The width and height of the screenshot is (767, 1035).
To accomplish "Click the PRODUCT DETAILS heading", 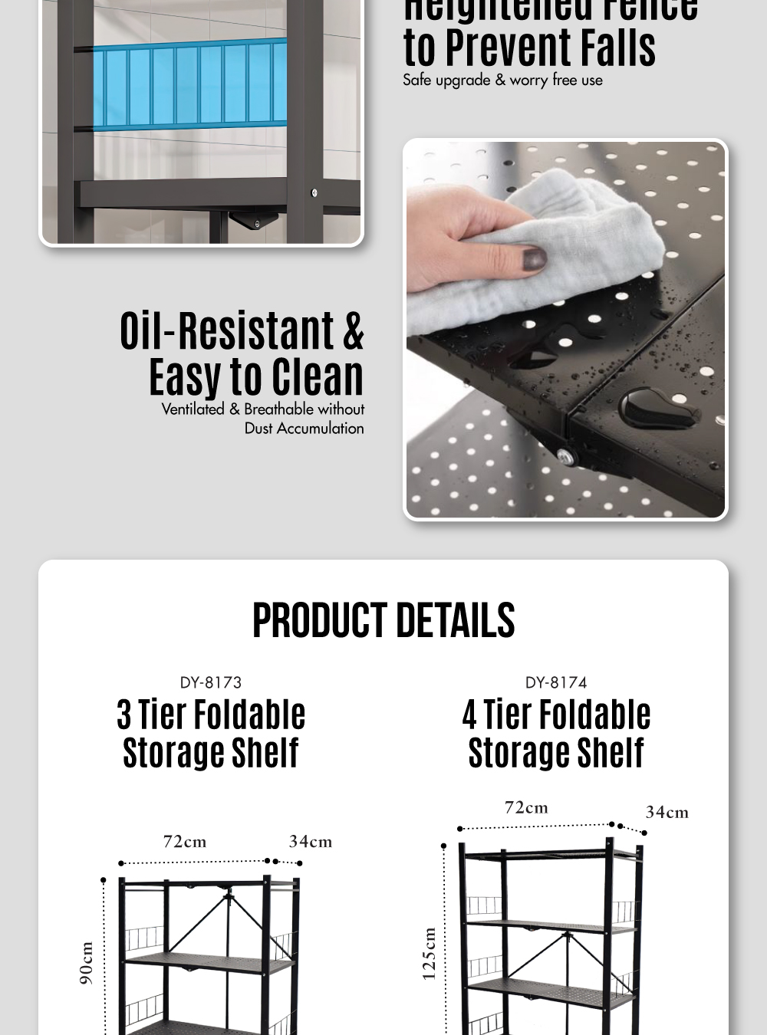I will click(x=383, y=620).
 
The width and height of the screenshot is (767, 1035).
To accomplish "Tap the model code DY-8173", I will click(x=211, y=682).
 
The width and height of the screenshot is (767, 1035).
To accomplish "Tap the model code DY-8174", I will click(x=556, y=682).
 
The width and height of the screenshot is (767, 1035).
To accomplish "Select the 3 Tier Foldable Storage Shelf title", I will click(x=211, y=734).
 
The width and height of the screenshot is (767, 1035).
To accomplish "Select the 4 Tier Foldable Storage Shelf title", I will click(x=556, y=734).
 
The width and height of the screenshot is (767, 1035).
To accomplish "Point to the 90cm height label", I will click(x=87, y=963).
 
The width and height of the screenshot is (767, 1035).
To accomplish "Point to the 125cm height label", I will click(x=430, y=954).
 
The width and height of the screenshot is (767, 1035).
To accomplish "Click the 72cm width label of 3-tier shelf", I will click(x=185, y=842).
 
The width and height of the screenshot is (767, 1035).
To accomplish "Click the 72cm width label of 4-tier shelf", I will click(x=526, y=808).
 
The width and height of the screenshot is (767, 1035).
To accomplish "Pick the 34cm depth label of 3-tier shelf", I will click(x=311, y=842).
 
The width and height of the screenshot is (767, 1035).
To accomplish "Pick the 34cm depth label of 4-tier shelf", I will click(x=667, y=813).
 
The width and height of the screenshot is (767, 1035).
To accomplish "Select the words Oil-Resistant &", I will click(x=242, y=331).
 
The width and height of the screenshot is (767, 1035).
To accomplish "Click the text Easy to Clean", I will click(x=256, y=377).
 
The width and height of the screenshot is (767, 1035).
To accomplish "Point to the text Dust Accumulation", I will click(x=304, y=429).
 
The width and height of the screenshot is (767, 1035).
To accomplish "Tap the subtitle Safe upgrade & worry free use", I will click(x=502, y=80).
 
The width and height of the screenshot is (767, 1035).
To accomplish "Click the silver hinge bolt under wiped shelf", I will click(x=566, y=458).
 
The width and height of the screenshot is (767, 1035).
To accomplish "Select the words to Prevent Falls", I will click(x=529, y=48).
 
